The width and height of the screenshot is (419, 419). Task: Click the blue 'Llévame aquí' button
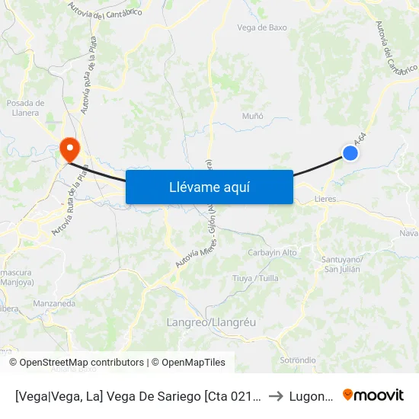tap(209, 187)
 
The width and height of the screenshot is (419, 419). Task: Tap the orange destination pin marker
tap(69, 147)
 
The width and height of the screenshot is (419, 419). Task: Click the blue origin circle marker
tap(350, 153)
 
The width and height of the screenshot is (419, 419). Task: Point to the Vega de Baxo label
tap(262, 27)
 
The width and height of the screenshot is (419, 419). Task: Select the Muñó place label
tap(252, 116)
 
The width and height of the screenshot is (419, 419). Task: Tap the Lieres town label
tap(325, 199)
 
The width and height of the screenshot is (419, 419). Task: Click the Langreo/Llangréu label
tap(211, 322)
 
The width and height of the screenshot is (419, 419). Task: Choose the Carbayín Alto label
tap(273, 253)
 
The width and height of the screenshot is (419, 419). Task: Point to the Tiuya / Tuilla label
tap(255, 278)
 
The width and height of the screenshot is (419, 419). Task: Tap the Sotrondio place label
tap(298, 360)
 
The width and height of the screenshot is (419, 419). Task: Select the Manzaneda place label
tap(54, 303)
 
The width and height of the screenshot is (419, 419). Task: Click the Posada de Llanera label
tap(25, 107)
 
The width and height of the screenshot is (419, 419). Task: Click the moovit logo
tap(373, 395)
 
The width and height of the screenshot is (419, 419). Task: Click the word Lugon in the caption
tap(312, 396)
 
